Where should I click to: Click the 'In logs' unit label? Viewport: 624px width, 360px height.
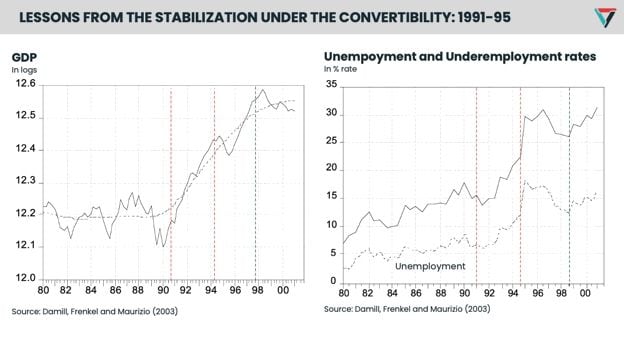[25, 70]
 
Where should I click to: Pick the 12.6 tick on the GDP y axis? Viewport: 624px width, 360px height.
[25, 85]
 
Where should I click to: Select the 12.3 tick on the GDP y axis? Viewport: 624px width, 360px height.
[25, 181]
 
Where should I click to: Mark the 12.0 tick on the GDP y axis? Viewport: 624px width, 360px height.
[25, 278]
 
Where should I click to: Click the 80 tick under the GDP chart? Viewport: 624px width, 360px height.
[44, 290]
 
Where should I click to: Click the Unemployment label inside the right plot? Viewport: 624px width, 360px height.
[430, 266]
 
